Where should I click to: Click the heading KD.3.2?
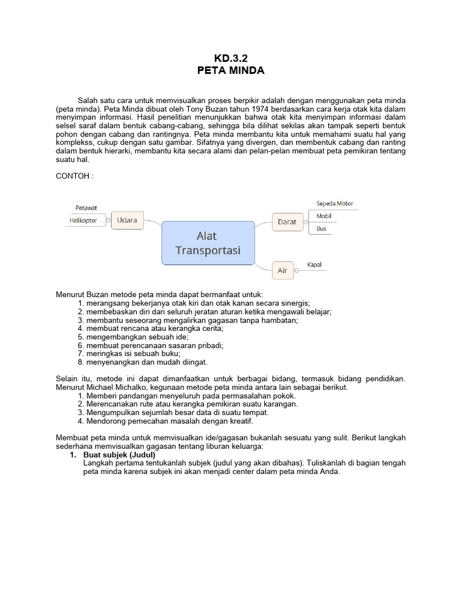coord(231,58)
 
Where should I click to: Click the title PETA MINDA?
coord(231,70)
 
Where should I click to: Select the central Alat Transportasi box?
coord(208,243)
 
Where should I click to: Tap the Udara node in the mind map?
coord(127,220)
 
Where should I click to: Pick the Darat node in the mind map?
coord(287,221)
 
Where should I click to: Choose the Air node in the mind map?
coord(282,271)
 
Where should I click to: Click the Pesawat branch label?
coord(86,208)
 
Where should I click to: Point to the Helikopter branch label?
coord(83,221)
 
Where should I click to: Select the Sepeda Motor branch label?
coord(334,203)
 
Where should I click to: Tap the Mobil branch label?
coord(324,216)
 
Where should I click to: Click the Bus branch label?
coord(321,229)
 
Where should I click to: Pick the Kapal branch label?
coord(315,265)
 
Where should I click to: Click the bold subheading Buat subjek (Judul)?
coord(119,455)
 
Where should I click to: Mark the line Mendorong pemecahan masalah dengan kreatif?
coord(168,421)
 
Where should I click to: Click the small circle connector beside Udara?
coord(109,221)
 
